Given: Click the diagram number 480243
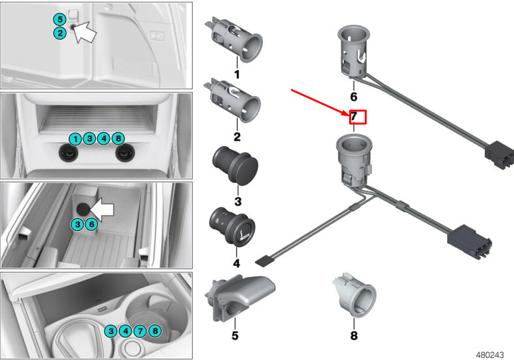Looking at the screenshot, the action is pos(489,355).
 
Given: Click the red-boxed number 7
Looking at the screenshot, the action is pos(354,116).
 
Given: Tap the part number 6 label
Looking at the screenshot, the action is pos(353,97).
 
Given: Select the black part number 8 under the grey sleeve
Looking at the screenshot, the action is pos(354,335).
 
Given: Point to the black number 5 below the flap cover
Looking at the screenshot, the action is pos(235,335).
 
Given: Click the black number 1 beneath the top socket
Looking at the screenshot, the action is pos(237,75).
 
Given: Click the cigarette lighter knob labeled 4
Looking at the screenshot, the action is pos(232,226).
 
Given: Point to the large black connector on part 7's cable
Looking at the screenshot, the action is pos(470,241).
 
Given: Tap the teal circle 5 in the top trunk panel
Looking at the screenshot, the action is pos(60,19).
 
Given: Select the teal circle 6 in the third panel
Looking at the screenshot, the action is pos(92,224).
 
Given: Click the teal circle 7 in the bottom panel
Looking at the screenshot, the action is pos(140,331).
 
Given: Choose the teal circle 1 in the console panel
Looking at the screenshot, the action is pos(75,139).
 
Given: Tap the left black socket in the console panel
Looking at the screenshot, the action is pos(68,152).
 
